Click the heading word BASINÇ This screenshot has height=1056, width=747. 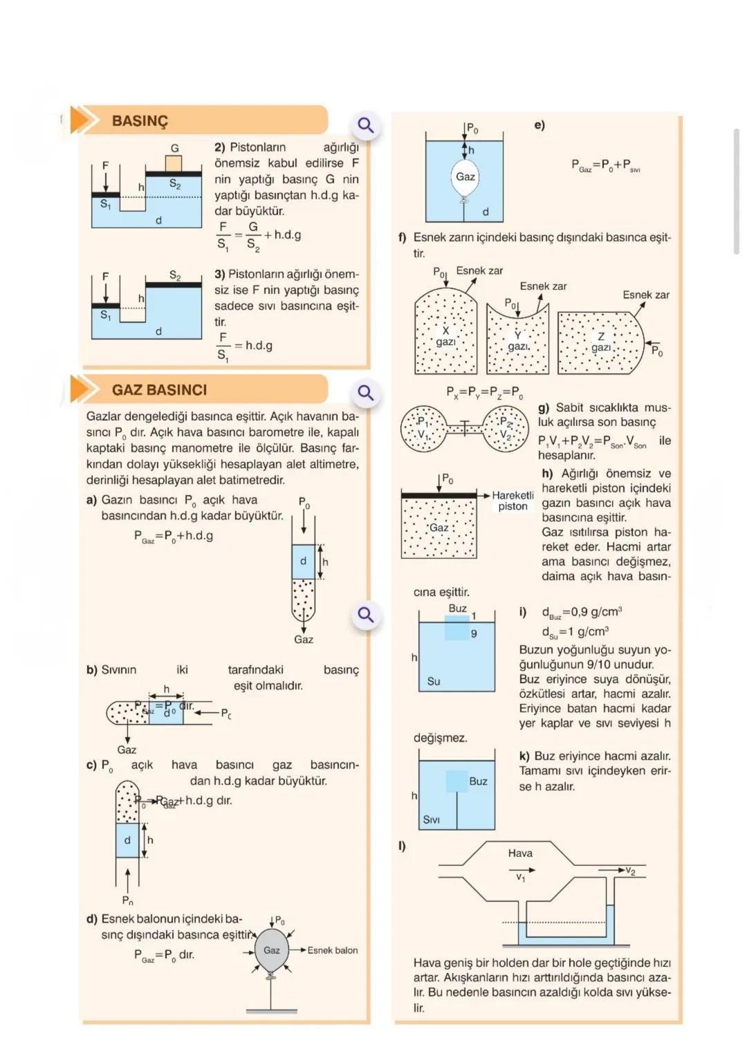coord(140,121)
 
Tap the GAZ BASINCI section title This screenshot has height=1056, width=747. coord(159,390)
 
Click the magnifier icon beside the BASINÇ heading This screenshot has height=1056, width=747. coord(365,125)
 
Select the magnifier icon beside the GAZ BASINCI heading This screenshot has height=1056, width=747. coord(365,393)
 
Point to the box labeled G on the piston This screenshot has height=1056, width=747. coord(174,163)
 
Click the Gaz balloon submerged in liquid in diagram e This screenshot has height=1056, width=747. coord(465,178)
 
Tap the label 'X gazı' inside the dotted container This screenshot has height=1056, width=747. coord(445,336)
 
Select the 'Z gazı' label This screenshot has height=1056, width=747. coord(600,342)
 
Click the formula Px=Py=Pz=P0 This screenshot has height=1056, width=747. coord(484,392)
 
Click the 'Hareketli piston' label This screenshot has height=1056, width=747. coord(513,501)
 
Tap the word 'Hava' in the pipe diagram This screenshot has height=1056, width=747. coord(520,853)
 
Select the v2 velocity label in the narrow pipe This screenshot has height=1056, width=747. coord(629,871)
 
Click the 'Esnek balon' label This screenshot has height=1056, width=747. coord(333,950)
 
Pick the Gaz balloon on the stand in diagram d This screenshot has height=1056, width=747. coord(272,950)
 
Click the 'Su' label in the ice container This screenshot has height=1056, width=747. coord(434,681)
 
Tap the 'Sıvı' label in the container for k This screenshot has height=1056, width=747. coord(431,819)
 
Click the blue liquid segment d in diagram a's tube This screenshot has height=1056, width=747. coord(303,562)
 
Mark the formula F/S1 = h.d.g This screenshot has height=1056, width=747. coord(245,346)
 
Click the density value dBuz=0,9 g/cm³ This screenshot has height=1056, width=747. coord(581,612)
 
